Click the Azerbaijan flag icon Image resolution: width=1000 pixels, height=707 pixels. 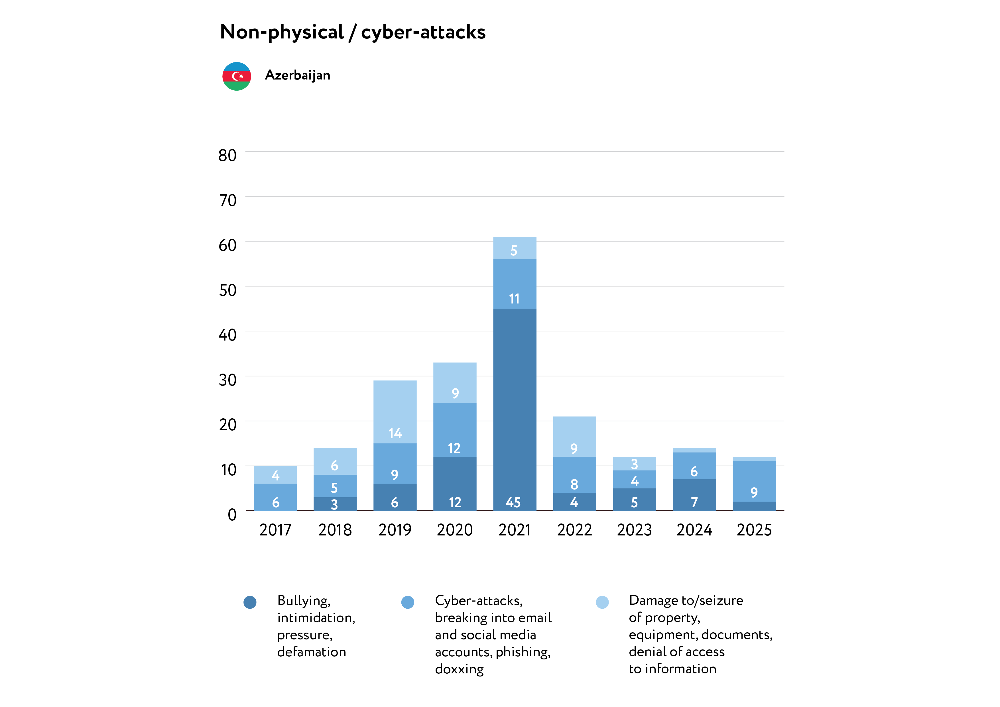[x=237, y=76]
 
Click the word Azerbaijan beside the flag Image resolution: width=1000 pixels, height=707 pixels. [x=298, y=75]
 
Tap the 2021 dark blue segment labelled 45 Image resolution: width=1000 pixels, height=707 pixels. [x=514, y=409]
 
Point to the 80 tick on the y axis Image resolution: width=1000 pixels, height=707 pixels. [x=227, y=155]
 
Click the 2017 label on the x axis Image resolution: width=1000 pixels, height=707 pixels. [x=275, y=530]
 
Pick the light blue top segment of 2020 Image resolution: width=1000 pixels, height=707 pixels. [x=455, y=383]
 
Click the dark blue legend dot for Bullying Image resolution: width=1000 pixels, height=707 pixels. [x=250, y=602]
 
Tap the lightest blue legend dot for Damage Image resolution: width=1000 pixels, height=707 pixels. [x=602, y=602]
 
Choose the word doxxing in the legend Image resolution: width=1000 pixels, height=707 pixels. [x=459, y=669]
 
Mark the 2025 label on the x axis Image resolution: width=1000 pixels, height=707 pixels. [x=754, y=530]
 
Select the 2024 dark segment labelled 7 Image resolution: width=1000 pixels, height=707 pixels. [x=694, y=495]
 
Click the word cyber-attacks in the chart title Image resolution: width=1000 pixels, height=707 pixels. [x=423, y=32]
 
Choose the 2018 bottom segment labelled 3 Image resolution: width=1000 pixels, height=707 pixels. [x=334, y=504]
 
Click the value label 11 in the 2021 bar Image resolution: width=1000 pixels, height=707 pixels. [x=514, y=299]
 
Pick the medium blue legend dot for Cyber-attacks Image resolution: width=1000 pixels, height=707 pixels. [x=408, y=602]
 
